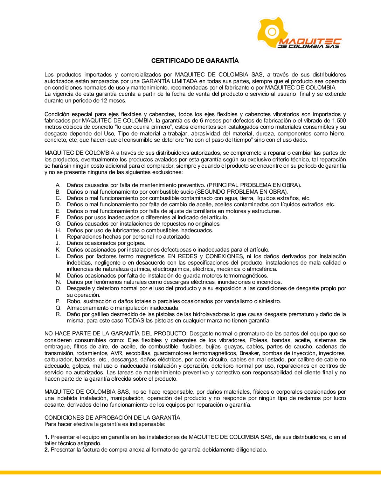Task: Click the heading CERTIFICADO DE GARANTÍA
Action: tap(195, 61)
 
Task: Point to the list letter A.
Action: tap(58, 185)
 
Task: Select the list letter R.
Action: tap(58, 314)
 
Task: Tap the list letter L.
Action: tap(58, 256)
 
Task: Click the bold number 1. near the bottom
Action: tap(47, 437)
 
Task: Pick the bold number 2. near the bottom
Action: tap(47, 450)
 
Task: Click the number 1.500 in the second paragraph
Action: tap(339, 121)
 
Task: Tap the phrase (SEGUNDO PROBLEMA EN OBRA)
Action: tap(242, 192)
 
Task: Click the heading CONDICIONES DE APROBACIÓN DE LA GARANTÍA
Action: tap(112, 418)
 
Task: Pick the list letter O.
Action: tap(58, 288)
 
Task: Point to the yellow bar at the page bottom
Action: tap(190, 473)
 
